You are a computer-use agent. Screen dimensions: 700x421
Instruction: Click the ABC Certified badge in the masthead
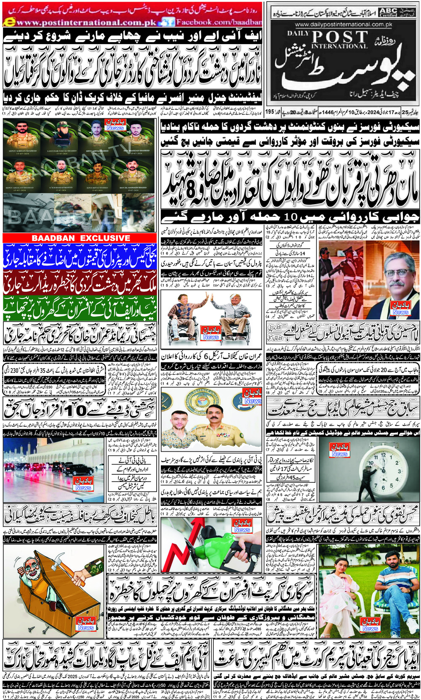pos(388,12)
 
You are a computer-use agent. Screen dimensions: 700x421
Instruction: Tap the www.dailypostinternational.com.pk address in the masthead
pos(344,24)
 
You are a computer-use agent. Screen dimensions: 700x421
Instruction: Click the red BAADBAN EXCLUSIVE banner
pos(81,238)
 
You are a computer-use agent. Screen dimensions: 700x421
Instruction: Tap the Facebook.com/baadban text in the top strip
pos(219,22)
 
